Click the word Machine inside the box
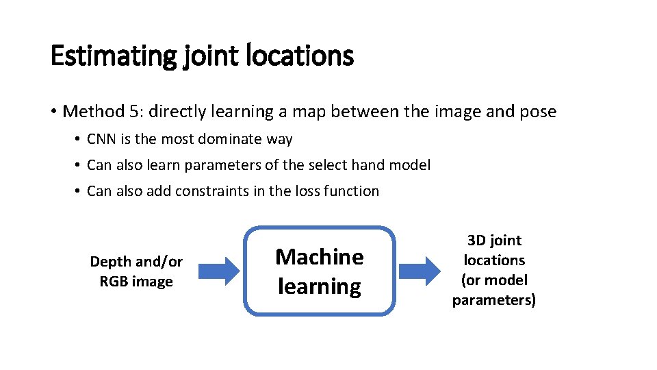click(x=319, y=257)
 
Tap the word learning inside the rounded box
click(x=319, y=286)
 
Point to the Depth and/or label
click(x=136, y=262)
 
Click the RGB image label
click(x=136, y=282)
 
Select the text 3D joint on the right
click(x=494, y=241)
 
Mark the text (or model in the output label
click(x=494, y=280)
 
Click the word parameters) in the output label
click(x=494, y=300)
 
